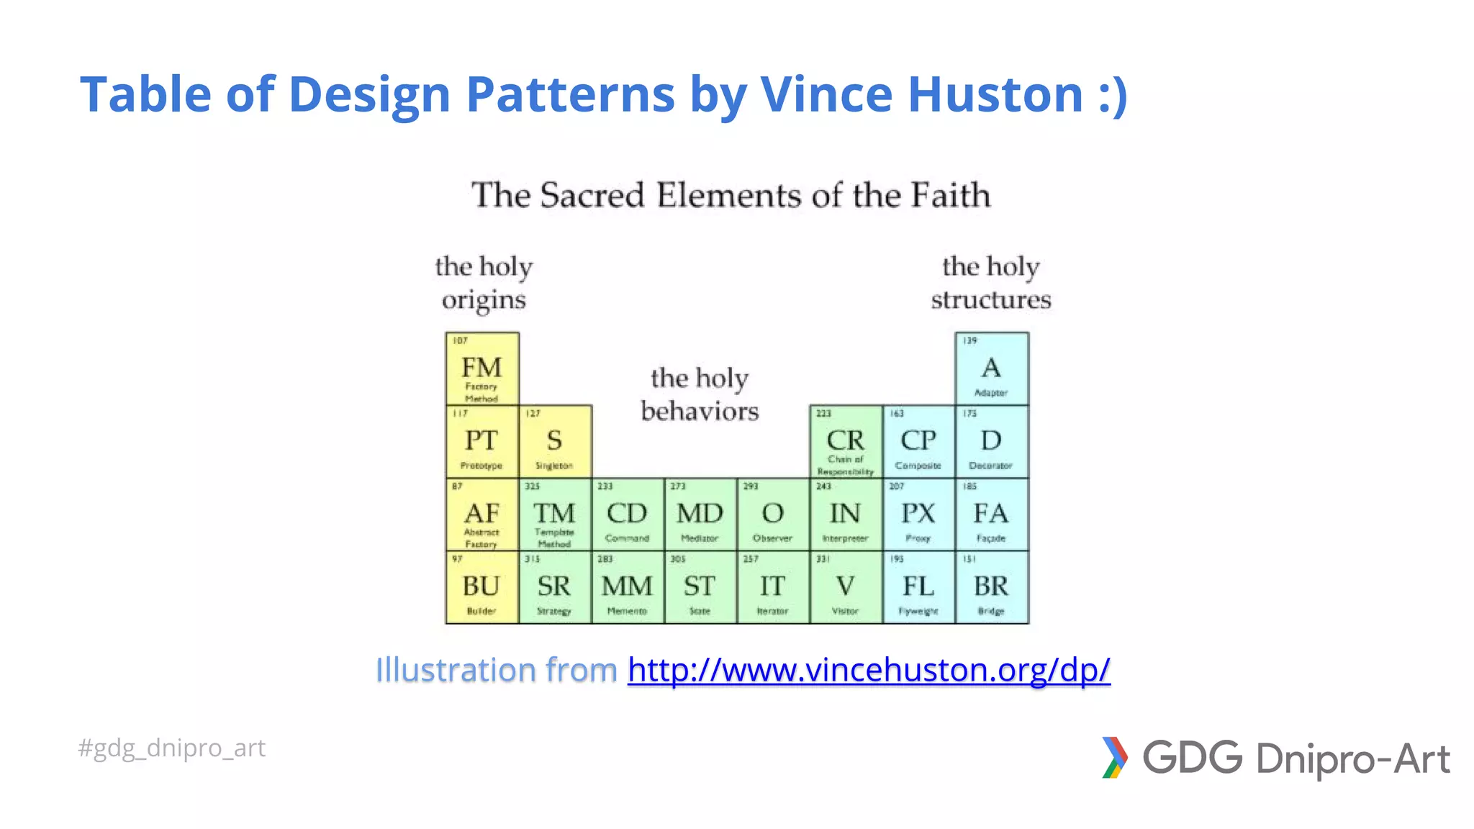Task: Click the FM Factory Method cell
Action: [482, 368]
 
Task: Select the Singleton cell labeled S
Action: [555, 441]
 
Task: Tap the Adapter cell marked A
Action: [992, 368]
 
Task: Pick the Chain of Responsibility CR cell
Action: [846, 441]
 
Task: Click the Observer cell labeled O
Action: [773, 515]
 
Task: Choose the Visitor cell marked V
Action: [846, 587]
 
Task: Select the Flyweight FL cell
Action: [918, 587]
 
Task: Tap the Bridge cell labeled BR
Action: [992, 587]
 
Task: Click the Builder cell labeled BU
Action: [482, 587]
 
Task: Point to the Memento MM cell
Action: [628, 587]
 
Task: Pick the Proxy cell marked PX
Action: [918, 515]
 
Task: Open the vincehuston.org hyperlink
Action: [869, 670]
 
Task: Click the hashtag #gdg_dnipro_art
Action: [171, 748]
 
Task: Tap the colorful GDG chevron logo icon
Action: [1114, 758]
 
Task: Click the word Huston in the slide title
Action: [995, 94]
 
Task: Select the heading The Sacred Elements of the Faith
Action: [731, 195]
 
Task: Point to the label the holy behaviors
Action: [700, 394]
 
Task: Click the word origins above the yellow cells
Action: [484, 300]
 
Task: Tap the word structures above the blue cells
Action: [991, 300]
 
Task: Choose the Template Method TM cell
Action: [555, 515]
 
